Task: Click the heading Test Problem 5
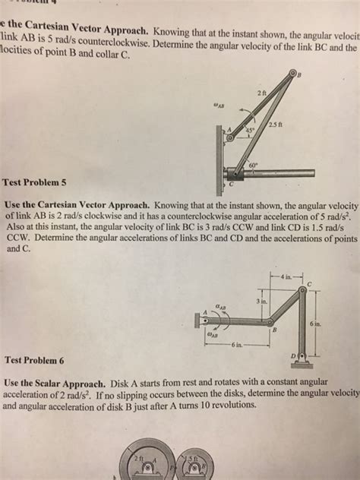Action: pyautogui.click(x=35, y=182)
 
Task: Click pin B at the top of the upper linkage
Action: pyautogui.click(x=294, y=73)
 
